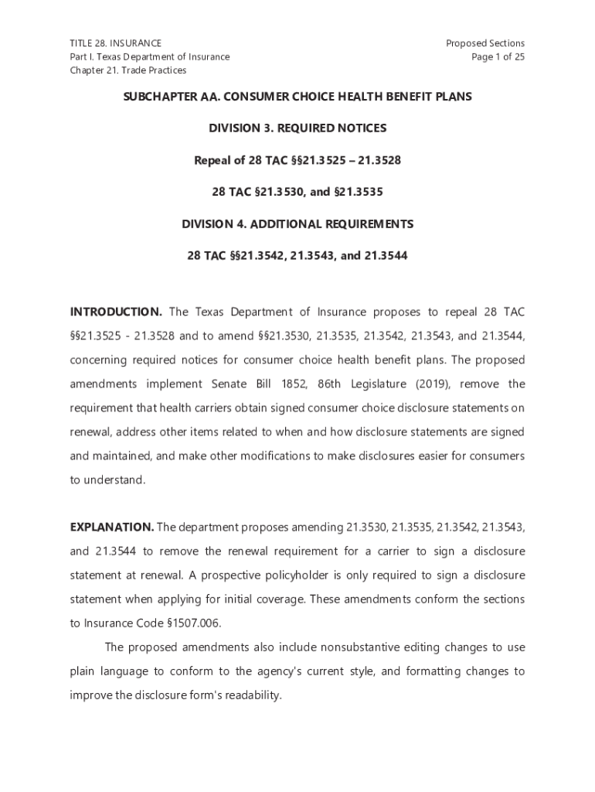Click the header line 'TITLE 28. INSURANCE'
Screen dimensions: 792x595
tap(116, 43)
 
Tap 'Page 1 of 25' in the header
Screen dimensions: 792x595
tap(498, 57)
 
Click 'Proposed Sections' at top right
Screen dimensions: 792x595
tap(485, 43)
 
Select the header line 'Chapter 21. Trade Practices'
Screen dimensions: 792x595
tap(128, 70)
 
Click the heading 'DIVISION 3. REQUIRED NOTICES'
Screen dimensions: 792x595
tap(297, 128)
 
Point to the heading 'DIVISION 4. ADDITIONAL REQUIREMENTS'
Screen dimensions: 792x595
tap(297, 224)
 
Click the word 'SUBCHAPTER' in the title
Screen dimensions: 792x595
tap(161, 97)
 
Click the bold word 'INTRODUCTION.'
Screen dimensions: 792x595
tap(116, 312)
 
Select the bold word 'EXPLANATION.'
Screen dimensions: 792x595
tap(112, 527)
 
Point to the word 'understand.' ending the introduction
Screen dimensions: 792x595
tap(107, 480)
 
